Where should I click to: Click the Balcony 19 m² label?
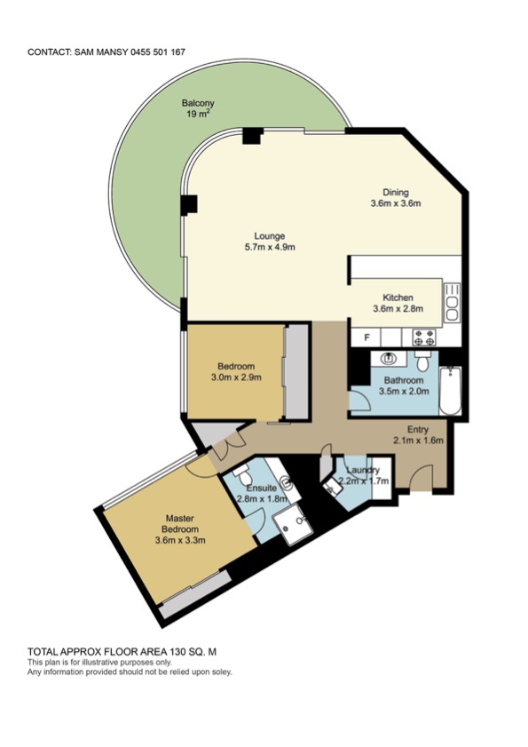pyautogui.click(x=198, y=108)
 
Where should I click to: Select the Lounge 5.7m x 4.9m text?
pyautogui.click(x=270, y=241)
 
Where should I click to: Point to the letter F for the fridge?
pyautogui.click(x=366, y=338)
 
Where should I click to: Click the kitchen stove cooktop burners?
pyautogui.click(x=424, y=338)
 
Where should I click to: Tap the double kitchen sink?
pyautogui.click(x=452, y=302)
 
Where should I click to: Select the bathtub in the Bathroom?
pyautogui.click(x=450, y=391)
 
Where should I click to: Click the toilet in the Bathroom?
pyautogui.click(x=422, y=362)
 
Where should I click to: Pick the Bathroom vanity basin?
pyautogui.click(x=390, y=358)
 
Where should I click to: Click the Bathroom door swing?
pyautogui.click(x=360, y=401)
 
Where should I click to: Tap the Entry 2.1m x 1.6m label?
pyautogui.click(x=418, y=435)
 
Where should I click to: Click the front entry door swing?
pyautogui.click(x=421, y=477)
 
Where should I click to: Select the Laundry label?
pyautogui.click(x=363, y=471)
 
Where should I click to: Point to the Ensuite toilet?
pyautogui.click(x=243, y=475)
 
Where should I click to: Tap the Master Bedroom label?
pyautogui.click(x=180, y=528)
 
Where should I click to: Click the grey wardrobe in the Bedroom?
pyautogui.click(x=297, y=372)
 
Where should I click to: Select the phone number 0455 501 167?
pyautogui.click(x=159, y=52)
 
